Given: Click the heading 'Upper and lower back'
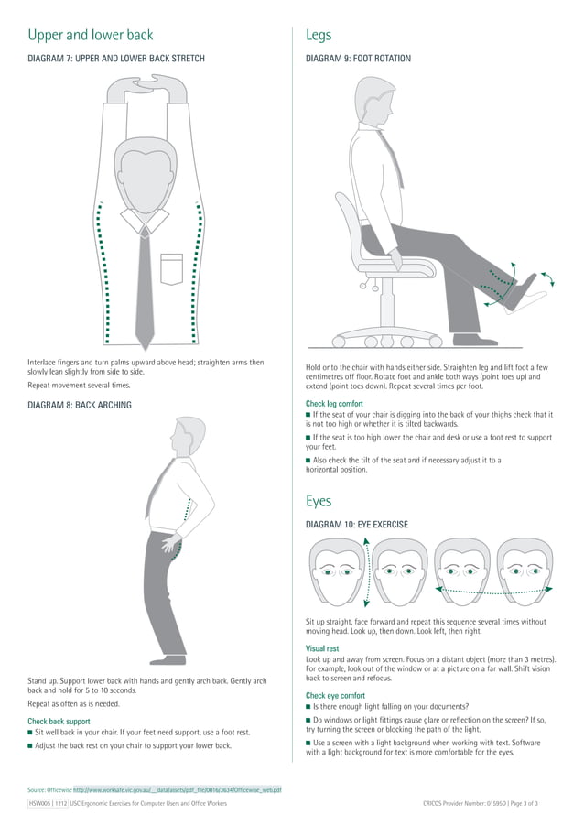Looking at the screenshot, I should pos(91,36).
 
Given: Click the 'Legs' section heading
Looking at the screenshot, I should pos(319,36).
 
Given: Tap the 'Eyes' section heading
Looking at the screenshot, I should pos(319,501).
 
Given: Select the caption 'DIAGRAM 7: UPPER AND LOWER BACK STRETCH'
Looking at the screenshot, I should pos(116,59).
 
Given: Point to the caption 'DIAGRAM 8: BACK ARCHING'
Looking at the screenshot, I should pos(80,405).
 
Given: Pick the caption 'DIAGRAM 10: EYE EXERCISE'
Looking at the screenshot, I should pos(356,525).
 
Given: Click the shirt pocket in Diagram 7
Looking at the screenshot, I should pos(171,267).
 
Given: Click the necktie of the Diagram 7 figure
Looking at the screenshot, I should pos(144,284).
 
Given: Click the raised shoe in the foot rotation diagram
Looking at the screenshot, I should pos(529,291).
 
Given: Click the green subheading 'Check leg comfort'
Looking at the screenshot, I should pos(334,404).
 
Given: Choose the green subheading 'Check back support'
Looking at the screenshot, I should pos(59,722).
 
